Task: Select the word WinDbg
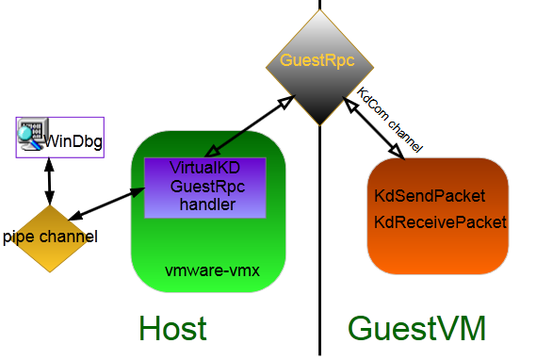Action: [73, 143]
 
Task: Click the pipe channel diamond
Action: [50, 237]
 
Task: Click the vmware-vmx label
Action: [212, 270]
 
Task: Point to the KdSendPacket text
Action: [430, 197]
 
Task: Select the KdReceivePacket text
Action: [440, 223]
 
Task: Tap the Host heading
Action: [172, 328]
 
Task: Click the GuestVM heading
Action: [416, 328]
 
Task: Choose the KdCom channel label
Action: [390, 121]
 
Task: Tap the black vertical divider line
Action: [320, 245]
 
